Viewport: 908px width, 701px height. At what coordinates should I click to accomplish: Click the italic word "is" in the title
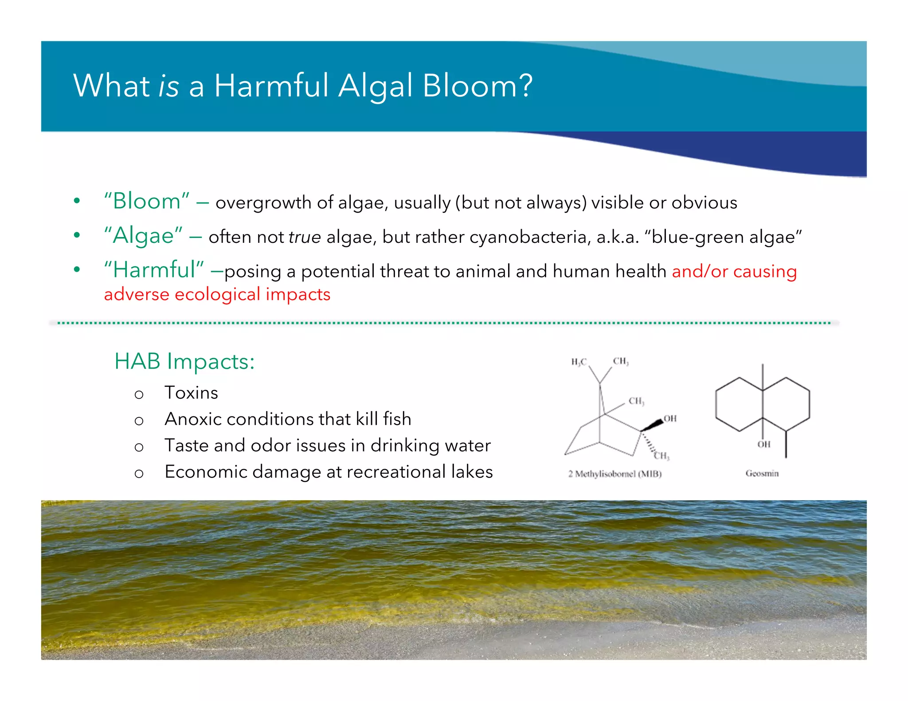pos(168,86)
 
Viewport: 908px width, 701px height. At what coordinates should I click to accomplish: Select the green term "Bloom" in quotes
pos(147,201)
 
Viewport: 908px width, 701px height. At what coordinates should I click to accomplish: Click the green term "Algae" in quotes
pos(143,235)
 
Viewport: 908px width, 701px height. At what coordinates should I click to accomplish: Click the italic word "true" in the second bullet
pos(305,237)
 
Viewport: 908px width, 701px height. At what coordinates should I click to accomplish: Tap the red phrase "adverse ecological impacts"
pos(217,294)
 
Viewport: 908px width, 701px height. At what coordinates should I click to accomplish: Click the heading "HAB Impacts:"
pos(184,361)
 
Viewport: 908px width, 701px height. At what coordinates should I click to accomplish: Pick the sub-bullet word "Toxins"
pos(191,393)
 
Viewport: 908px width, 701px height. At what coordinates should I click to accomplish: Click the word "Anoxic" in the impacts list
pos(193,419)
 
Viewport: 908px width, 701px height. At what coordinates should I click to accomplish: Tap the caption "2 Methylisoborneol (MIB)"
pos(615,474)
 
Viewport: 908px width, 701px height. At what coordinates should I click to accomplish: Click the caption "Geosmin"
pos(762,474)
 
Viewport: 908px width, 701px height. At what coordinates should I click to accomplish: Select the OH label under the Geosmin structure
pos(763,444)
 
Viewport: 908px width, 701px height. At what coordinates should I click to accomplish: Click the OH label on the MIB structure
pos(670,419)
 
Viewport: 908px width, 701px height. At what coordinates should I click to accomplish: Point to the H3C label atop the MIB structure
pos(579,362)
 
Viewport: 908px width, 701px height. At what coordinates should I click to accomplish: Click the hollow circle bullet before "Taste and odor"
pos(139,447)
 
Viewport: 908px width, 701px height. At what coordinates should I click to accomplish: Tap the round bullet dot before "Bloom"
pos(77,201)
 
